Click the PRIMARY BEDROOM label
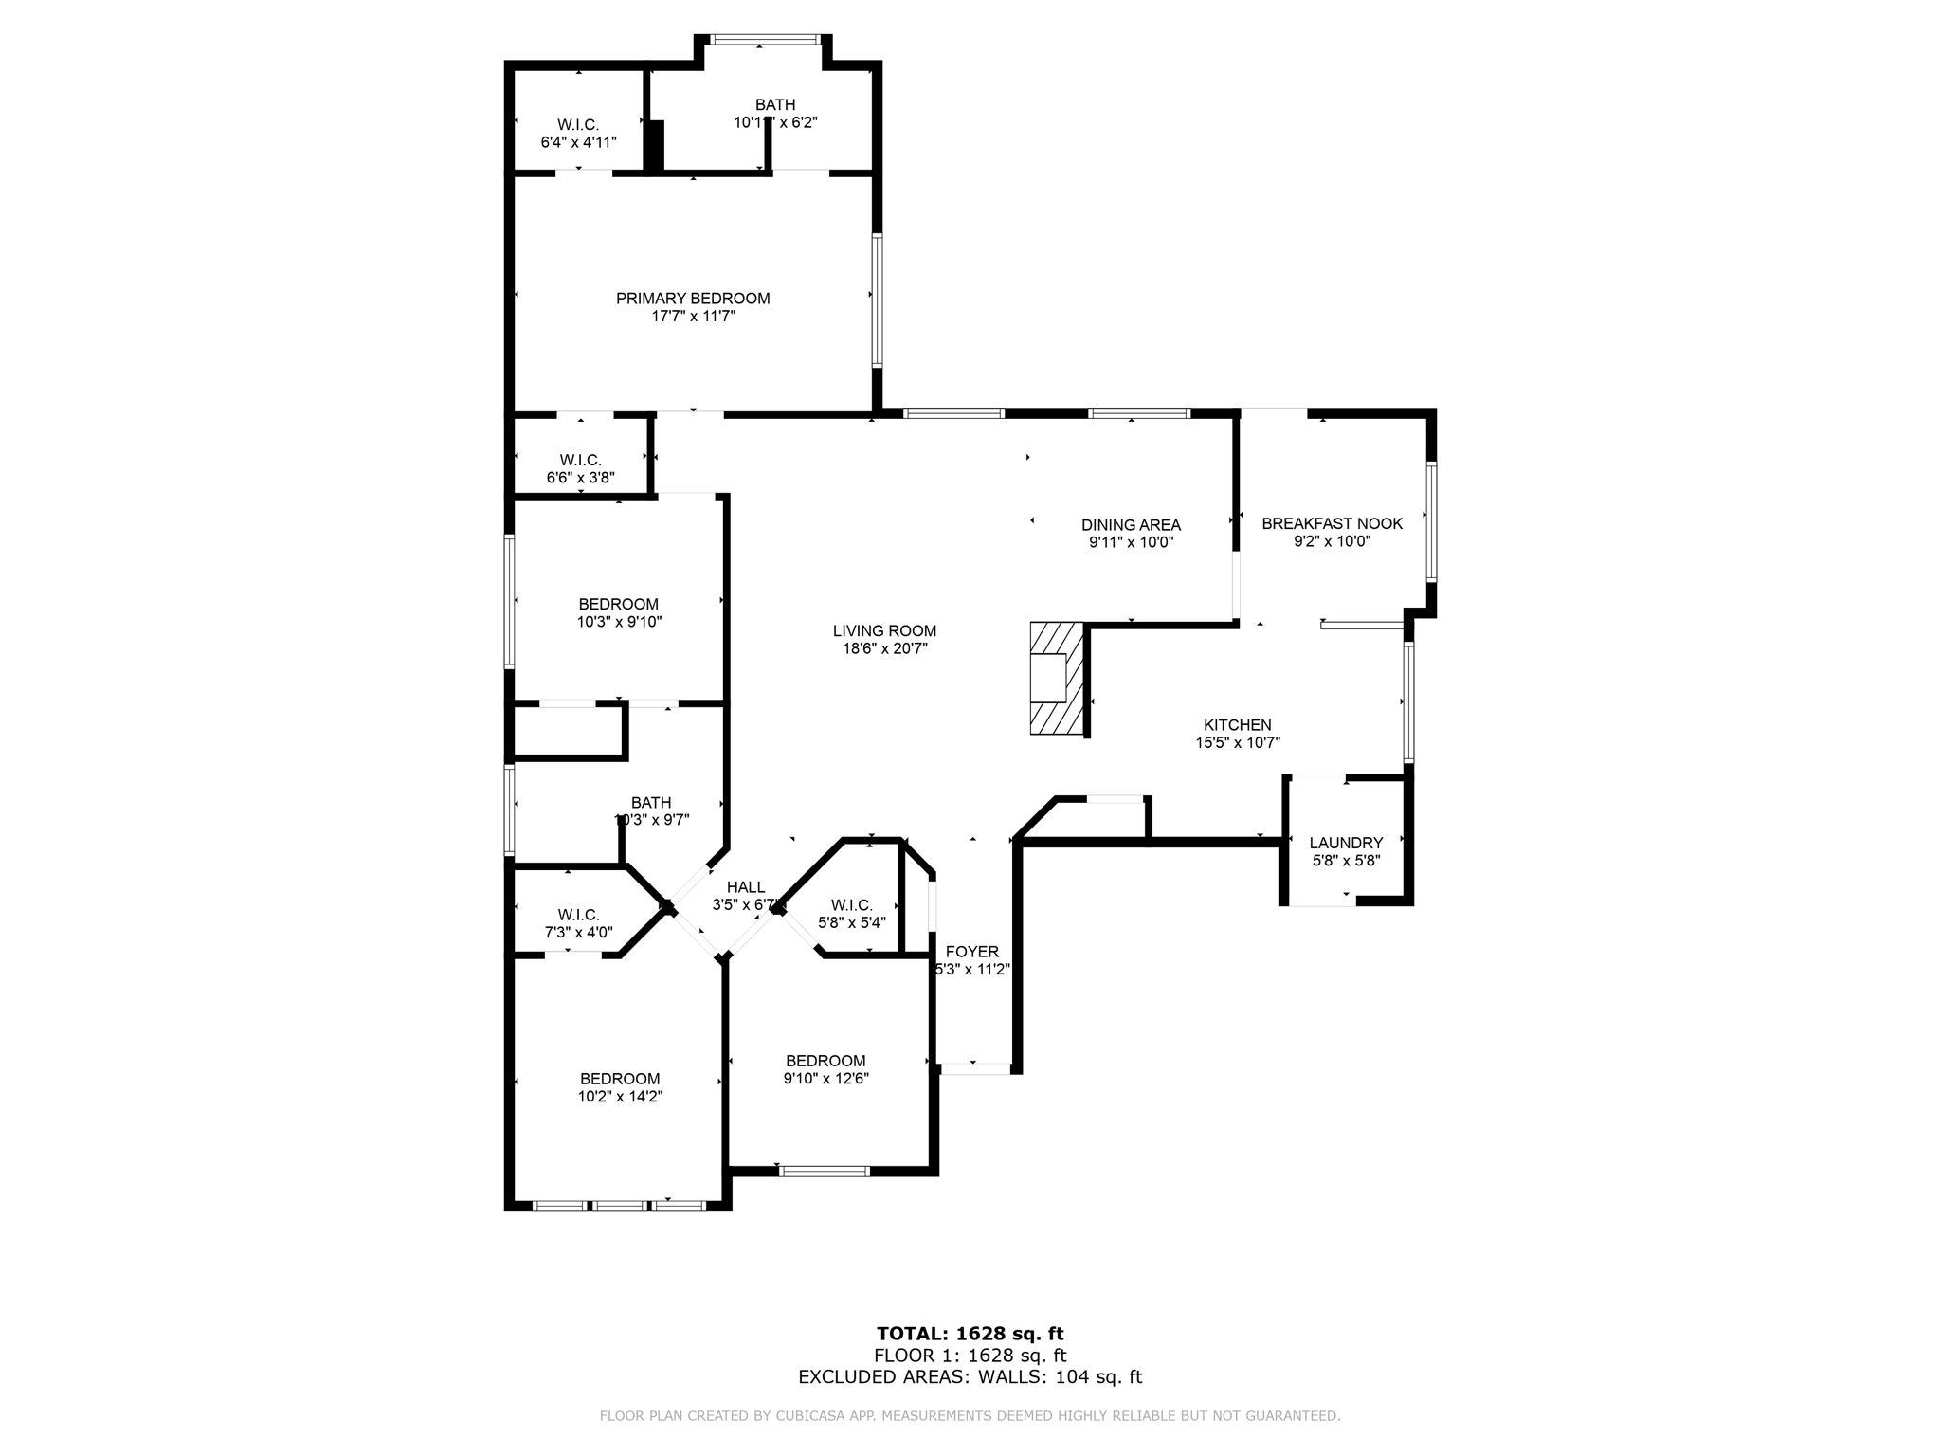[693, 299]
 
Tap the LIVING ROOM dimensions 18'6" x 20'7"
[884, 649]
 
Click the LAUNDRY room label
[1346, 843]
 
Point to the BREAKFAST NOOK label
[1332, 523]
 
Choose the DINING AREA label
[1131, 525]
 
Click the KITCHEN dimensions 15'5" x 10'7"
[1237, 744]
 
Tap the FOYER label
[971, 952]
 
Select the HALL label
[745, 887]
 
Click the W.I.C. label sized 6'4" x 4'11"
[577, 125]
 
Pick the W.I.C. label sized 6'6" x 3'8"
[580, 461]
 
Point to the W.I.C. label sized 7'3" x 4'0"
[578, 915]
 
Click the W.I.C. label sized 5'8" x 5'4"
[851, 905]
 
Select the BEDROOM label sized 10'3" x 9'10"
[618, 605]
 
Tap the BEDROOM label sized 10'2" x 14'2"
[620, 1079]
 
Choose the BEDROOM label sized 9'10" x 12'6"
[825, 1061]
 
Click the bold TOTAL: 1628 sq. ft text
[970, 1334]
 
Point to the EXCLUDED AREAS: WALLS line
[970, 1377]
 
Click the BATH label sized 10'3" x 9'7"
[650, 803]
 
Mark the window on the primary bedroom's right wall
[878, 300]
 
